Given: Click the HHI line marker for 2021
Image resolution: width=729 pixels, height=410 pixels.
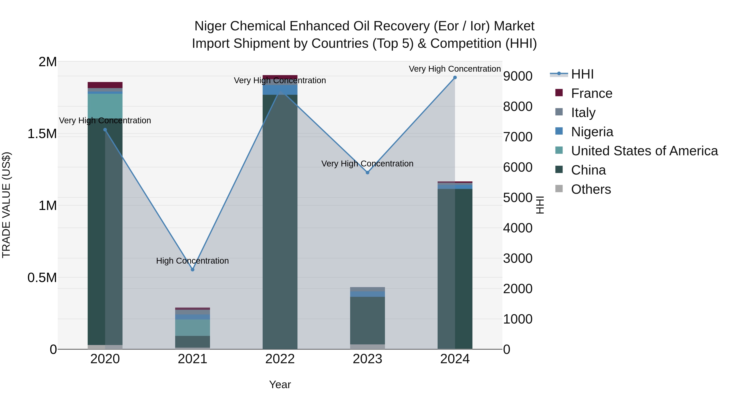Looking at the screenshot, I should click(192, 270).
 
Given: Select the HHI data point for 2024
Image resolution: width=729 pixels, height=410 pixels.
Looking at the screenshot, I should click(455, 78).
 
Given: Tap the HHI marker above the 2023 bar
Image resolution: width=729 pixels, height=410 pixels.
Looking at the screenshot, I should click(367, 173).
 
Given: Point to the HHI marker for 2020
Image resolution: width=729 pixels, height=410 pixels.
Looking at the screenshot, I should click(105, 130).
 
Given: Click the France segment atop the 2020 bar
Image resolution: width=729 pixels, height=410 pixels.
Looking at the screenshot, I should click(105, 85).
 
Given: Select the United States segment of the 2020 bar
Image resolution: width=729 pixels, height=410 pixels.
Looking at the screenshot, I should click(105, 106).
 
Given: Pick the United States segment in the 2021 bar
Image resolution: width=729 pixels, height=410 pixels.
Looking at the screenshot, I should click(192, 328).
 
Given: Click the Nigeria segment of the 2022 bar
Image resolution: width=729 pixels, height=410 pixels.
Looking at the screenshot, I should click(280, 90).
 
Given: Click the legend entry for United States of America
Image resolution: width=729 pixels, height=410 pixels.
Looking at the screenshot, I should click(644, 151).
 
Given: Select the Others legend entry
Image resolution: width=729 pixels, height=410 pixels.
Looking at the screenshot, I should click(591, 189).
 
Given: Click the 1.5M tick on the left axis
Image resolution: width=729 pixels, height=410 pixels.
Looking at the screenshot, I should click(42, 134).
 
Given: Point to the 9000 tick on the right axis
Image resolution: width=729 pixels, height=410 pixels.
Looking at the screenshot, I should click(518, 76).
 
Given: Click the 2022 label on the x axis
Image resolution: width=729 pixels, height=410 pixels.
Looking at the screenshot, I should click(280, 359).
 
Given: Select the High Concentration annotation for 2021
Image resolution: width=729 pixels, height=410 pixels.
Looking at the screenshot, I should click(192, 261).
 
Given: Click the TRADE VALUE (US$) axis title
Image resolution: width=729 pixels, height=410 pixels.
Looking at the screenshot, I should click(6, 205).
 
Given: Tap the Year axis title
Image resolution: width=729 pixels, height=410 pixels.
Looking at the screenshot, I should click(280, 384).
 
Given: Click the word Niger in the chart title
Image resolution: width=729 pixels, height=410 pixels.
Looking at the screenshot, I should click(210, 26).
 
